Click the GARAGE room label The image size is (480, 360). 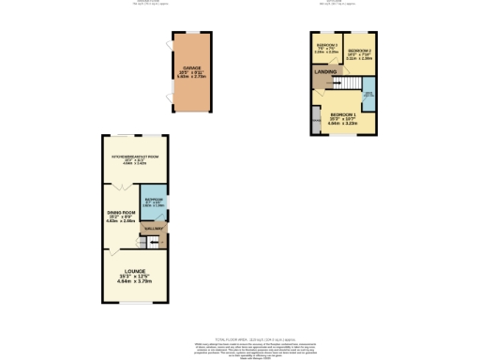point(192,67)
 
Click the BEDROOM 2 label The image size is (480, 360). point(359,49)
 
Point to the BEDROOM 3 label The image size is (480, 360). point(326,45)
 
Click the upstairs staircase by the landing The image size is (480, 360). point(322,83)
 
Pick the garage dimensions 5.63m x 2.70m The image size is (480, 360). point(192,78)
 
